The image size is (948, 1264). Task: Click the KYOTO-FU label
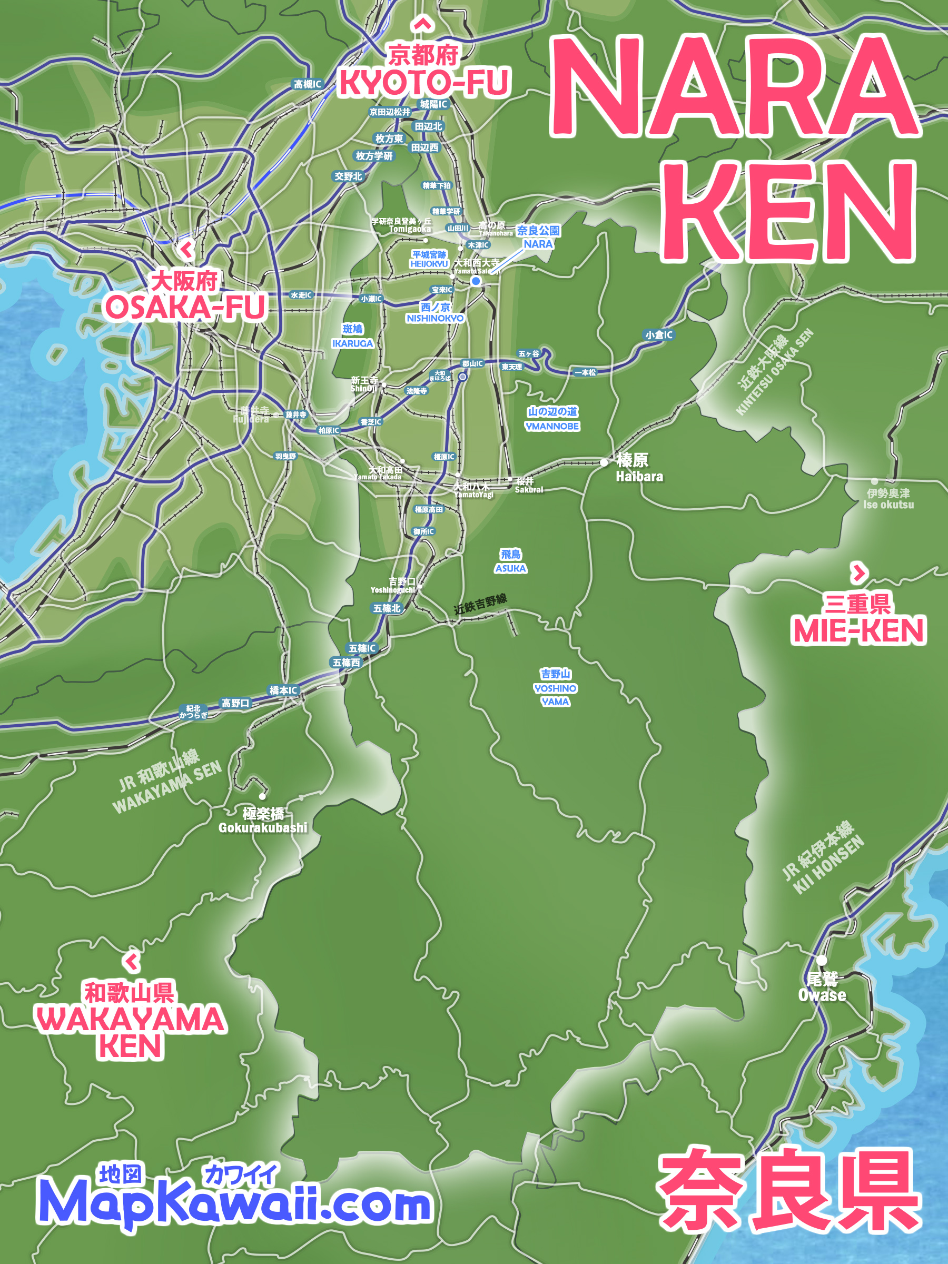(x=423, y=82)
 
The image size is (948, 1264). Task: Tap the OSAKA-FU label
(x=185, y=307)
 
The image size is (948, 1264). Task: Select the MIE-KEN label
(x=858, y=630)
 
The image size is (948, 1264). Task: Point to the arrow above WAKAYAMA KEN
(x=132, y=961)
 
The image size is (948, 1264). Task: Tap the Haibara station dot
(x=604, y=462)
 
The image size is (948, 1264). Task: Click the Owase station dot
(x=821, y=960)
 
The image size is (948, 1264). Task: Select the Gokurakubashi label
(x=263, y=827)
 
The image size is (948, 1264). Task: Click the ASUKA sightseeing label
(x=510, y=568)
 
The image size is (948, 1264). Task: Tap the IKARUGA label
(x=352, y=343)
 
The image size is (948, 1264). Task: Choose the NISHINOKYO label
(x=435, y=318)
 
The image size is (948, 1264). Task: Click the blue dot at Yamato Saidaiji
(x=476, y=281)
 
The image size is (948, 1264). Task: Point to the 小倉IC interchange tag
(x=658, y=335)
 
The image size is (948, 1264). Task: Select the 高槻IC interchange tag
(x=308, y=84)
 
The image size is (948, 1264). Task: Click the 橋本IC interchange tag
(x=283, y=690)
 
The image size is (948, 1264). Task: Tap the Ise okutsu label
(x=888, y=505)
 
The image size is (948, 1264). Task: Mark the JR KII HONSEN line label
(x=822, y=857)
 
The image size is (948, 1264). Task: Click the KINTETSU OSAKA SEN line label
(x=774, y=371)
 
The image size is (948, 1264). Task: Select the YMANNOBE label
(x=552, y=426)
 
